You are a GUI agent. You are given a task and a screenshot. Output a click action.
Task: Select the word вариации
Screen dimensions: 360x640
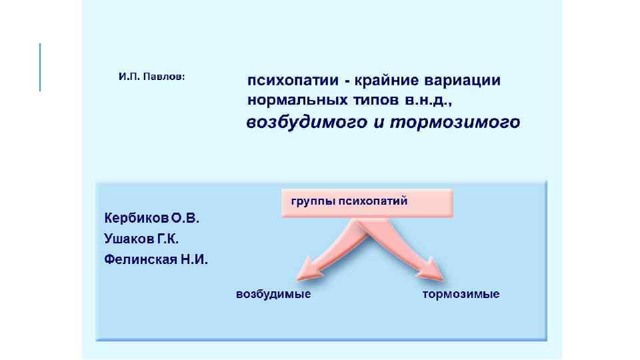coord(465,81)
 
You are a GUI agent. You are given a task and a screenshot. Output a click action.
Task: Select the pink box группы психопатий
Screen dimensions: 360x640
coord(367,203)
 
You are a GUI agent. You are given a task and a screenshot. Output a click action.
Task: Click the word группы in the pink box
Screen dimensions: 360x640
coord(312,201)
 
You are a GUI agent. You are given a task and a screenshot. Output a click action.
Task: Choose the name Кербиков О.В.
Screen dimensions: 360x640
coord(151,218)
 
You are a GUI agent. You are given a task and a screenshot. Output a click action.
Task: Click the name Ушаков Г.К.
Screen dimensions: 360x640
coord(141,238)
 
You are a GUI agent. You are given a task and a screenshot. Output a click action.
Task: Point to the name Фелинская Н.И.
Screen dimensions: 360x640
coord(156,259)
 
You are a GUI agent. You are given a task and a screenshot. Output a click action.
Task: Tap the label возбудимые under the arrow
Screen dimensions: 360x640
coord(273,294)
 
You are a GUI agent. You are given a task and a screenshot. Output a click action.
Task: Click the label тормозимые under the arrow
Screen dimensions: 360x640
coord(461,294)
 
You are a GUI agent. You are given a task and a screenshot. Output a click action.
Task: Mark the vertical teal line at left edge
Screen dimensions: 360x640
coord(40,67)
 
